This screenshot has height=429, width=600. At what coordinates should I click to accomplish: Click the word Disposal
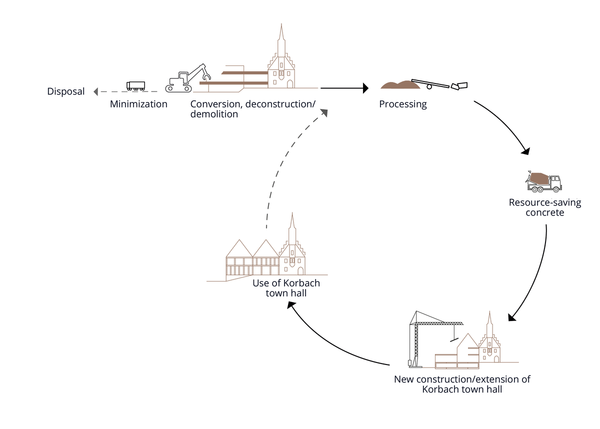(x=66, y=91)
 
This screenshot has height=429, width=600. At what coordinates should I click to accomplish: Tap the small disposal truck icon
(x=135, y=86)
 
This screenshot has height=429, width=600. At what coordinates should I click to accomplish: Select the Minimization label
(x=138, y=104)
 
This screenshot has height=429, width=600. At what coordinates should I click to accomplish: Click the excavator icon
(x=187, y=79)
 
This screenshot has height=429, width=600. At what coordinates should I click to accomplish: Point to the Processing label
(x=403, y=104)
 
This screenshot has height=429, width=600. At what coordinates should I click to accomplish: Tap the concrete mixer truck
(x=544, y=182)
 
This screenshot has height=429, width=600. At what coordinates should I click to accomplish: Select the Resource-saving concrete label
(x=537, y=207)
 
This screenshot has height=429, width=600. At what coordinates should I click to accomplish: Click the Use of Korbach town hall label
(x=286, y=288)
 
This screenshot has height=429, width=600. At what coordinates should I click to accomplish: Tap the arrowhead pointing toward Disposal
(x=96, y=91)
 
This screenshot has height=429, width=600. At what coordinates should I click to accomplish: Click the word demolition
(x=214, y=114)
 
